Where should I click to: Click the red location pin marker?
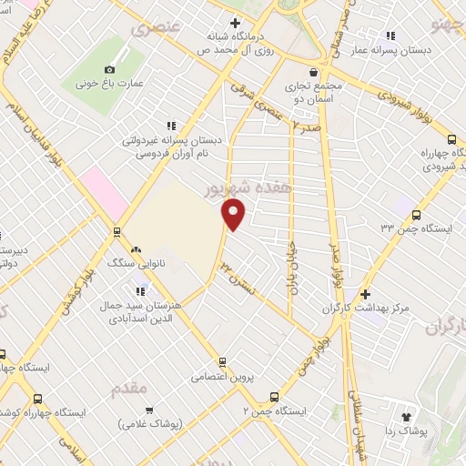coord(235,216)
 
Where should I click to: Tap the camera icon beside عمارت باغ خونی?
coord(110,70)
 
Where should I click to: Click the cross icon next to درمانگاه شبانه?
coord(235,23)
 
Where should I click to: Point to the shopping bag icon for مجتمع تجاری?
coord(313,73)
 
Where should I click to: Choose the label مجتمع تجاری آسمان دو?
coord(313,90)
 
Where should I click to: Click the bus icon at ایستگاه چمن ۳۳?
coord(416,216)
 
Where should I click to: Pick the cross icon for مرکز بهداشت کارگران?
coord(364,294)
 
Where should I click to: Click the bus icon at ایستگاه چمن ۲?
coord(274,397)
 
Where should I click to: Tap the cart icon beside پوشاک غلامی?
coord(148,410)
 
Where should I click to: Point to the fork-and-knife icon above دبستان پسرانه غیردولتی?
coord(169,127)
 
